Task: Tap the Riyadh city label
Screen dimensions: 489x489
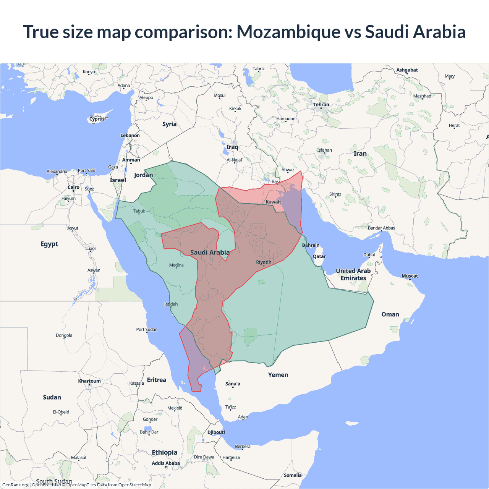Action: [264, 262]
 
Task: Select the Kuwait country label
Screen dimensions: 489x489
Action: [273, 202]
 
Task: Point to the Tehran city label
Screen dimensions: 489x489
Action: [321, 104]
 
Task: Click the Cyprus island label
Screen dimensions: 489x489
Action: [97, 119]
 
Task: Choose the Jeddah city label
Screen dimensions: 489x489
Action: [171, 304]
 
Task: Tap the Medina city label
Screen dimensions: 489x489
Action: [176, 265]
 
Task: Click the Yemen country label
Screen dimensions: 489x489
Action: [278, 375]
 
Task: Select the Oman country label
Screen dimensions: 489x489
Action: [390, 314]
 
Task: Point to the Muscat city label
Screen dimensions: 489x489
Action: [410, 276]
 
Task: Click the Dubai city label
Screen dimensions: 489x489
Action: [369, 255]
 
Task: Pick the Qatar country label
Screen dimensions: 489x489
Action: [319, 256]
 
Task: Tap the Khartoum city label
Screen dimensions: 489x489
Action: [89, 381]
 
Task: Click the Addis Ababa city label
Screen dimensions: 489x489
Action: [165, 463]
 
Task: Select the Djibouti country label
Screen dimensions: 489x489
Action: [216, 432]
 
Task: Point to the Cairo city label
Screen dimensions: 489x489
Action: [73, 187]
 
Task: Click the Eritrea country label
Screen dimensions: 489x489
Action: [156, 380]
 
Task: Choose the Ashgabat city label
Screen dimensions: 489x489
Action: [407, 70]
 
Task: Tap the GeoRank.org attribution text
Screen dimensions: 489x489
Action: [15, 485]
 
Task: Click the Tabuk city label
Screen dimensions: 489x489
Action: [139, 211]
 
